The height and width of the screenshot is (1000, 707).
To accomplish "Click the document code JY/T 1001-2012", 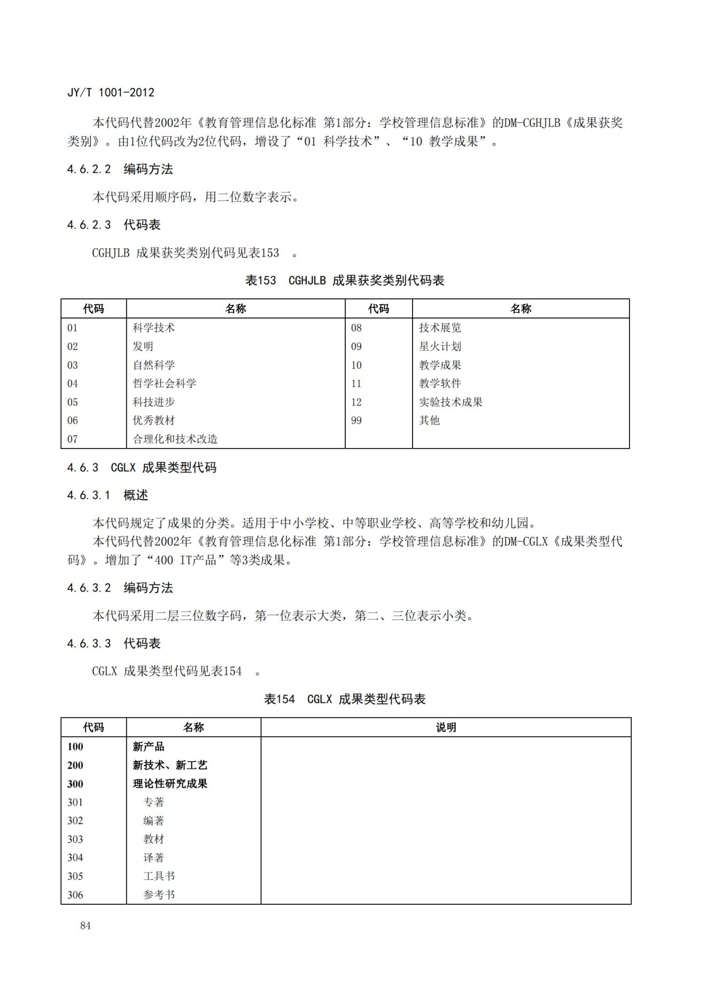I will pos(111,92).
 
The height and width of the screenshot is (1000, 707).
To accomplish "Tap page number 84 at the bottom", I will pos(86,926).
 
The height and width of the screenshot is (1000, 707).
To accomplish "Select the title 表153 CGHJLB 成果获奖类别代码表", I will pos(345,281).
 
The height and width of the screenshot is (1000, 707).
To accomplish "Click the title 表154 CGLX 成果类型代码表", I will pos(345,699).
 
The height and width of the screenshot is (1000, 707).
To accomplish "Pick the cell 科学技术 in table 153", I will pos(153,328).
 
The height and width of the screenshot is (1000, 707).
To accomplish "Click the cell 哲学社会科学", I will pos(164,383).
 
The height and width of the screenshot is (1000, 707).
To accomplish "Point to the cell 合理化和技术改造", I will pos(175,439).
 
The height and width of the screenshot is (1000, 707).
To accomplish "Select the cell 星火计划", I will pos(440,346).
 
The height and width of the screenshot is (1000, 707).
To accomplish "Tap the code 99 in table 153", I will pos(356,421).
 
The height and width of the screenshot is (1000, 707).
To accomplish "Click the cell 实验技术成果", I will pos(450,402).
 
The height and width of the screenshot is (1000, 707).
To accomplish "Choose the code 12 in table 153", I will pos(356,402).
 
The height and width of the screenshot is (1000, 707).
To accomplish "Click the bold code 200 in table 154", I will pos(75,765).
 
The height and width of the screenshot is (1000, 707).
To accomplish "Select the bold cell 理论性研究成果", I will pos(170,784).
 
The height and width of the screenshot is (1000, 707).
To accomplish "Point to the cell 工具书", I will pos(159,876).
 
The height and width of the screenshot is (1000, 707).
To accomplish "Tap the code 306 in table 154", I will pos(75,895).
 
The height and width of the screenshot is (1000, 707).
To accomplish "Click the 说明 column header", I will pos(446,727).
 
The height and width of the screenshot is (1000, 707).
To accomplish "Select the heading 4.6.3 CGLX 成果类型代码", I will pos(142,468).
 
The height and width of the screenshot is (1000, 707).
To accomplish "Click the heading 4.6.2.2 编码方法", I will pos(120,169).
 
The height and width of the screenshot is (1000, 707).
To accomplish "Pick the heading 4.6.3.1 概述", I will pos(107,495).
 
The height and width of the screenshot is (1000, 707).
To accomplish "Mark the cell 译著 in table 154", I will pos(153,858).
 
